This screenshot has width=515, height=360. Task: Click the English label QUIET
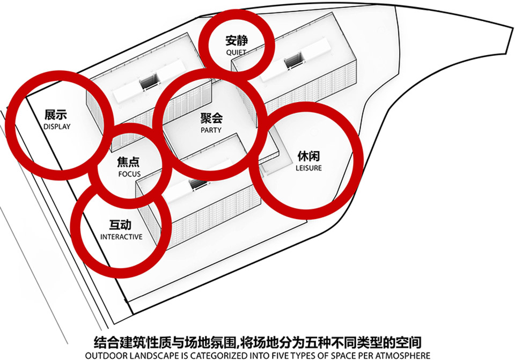(x=236, y=52)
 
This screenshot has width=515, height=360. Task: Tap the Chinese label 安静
(x=237, y=40)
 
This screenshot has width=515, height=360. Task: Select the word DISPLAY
(x=57, y=127)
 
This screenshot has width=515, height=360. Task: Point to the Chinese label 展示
(x=56, y=115)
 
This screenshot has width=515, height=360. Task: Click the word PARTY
(x=211, y=130)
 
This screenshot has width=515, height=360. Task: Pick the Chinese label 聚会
(x=211, y=118)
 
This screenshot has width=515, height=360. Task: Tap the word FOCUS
(x=129, y=174)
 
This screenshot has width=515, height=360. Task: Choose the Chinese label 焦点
(x=128, y=162)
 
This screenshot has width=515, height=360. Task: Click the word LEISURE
(x=309, y=168)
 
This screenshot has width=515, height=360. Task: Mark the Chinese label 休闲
(x=309, y=156)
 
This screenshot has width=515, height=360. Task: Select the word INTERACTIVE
(x=121, y=237)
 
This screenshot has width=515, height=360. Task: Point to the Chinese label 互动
(x=120, y=225)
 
